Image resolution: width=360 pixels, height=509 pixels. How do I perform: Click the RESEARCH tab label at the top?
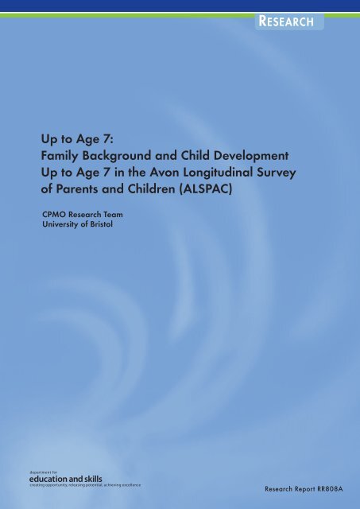tap(286, 21)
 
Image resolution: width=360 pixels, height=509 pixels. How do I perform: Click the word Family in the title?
tap(60, 156)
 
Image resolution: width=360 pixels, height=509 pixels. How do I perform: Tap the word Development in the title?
tap(251, 156)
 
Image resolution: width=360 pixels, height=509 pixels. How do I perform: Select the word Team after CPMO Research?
tap(113, 215)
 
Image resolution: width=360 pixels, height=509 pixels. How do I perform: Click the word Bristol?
tap(101, 224)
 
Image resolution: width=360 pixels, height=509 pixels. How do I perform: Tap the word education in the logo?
tap(48, 479)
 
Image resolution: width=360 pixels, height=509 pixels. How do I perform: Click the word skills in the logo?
tap(94, 479)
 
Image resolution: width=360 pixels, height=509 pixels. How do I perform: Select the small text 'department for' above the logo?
tap(39, 472)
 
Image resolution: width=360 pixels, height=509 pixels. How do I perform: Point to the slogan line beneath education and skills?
tap(85, 485)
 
